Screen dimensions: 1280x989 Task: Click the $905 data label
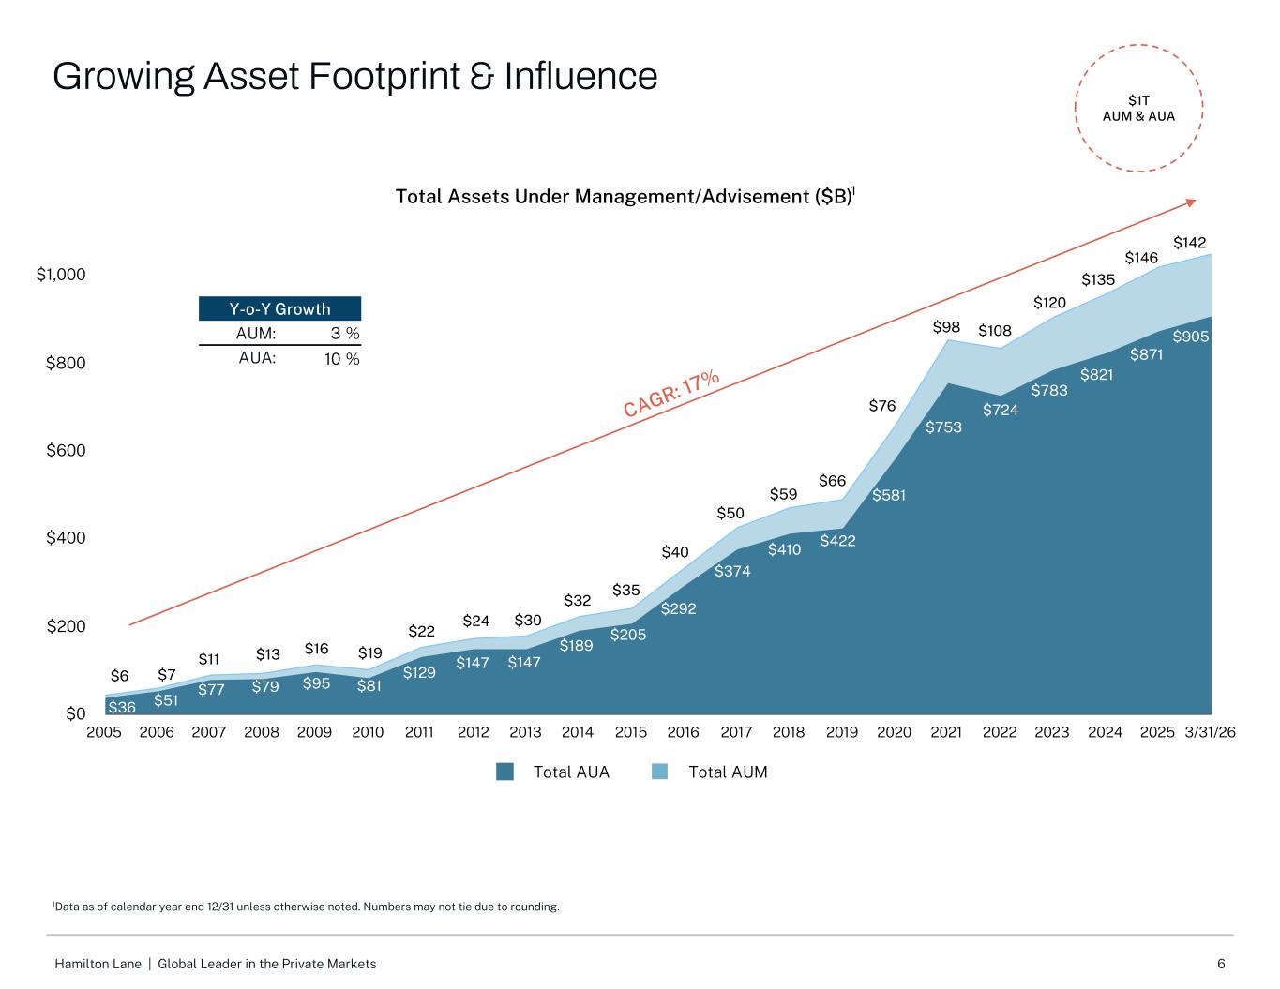click(x=1190, y=337)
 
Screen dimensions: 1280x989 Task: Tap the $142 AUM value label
click(x=1189, y=243)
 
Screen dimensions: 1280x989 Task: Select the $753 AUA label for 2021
click(x=943, y=427)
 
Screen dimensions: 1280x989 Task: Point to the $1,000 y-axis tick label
click(x=61, y=275)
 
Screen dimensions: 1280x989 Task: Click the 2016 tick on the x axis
click(x=683, y=732)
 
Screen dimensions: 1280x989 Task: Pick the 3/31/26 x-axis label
click(x=1210, y=732)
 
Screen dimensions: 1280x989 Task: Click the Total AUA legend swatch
click(x=504, y=772)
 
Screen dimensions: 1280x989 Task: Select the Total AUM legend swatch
click(x=660, y=772)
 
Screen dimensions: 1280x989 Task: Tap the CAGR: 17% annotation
click(x=670, y=393)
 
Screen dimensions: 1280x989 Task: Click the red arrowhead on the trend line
click(x=1191, y=203)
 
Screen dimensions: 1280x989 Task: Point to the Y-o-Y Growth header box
click(x=279, y=308)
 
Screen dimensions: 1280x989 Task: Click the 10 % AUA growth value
click(x=341, y=359)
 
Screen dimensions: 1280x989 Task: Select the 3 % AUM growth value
click(x=345, y=334)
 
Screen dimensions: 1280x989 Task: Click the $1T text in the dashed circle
click(x=1138, y=100)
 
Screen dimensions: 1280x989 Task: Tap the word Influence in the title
click(x=580, y=77)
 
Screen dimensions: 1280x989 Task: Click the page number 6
click(x=1221, y=964)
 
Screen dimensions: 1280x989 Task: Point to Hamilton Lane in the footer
click(x=98, y=964)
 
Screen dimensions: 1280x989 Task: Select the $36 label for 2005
click(x=122, y=707)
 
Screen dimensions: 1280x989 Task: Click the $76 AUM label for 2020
click(x=881, y=406)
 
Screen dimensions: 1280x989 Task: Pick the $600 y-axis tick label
click(x=66, y=450)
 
